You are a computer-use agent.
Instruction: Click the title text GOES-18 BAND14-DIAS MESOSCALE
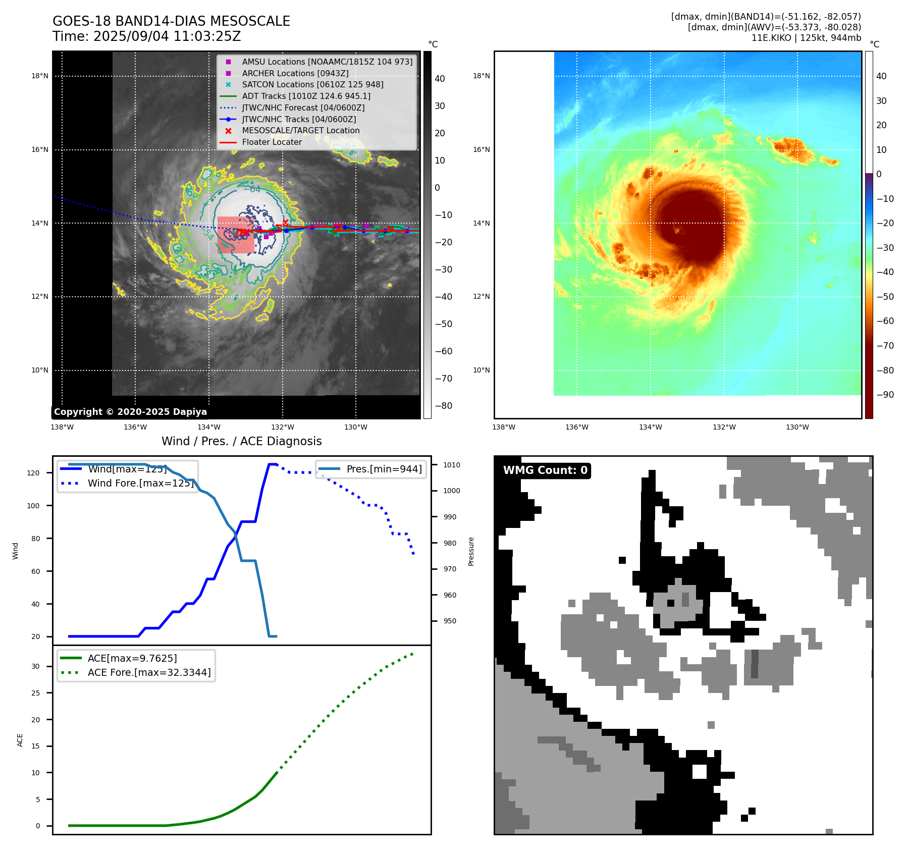pyautogui.click(x=171, y=21)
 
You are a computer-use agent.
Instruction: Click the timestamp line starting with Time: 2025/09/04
pyautogui.click(x=146, y=37)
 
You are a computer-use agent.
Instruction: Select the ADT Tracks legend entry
pyautogui.click(x=306, y=96)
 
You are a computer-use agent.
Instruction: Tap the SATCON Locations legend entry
pyautogui.click(x=312, y=84)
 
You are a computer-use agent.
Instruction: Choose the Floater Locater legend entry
pyautogui.click(x=272, y=142)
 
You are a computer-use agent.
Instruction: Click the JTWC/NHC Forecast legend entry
pyautogui.click(x=303, y=108)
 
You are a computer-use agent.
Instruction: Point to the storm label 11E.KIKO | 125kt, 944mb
pyautogui.click(x=806, y=38)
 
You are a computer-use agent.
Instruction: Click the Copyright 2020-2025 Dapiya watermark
pyautogui.click(x=130, y=412)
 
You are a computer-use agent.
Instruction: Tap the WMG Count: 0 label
pyautogui.click(x=545, y=470)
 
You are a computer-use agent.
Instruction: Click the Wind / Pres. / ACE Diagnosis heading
pyautogui.click(x=241, y=441)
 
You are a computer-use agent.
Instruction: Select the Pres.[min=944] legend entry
pyautogui.click(x=384, y=469)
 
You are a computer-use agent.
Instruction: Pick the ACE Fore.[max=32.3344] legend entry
pyautogui.click(x=149, y=672)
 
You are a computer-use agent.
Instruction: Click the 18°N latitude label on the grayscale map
pyautogui.click(x=40, y=76)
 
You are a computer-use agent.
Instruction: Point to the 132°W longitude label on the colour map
pyautogui.click(x=724, y=428)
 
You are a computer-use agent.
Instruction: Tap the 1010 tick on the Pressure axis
pyautogui.click(x=452, y=465)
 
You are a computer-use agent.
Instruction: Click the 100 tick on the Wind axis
pyautogui.click(x=33, y=506)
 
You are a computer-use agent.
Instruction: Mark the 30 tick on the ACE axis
pyautogui.click(x=35, y=666)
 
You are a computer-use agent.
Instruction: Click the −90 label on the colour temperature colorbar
pyautogui.click(x=885, y=395)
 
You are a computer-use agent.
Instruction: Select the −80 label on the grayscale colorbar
pyautogui.click(x=444, y=406)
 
